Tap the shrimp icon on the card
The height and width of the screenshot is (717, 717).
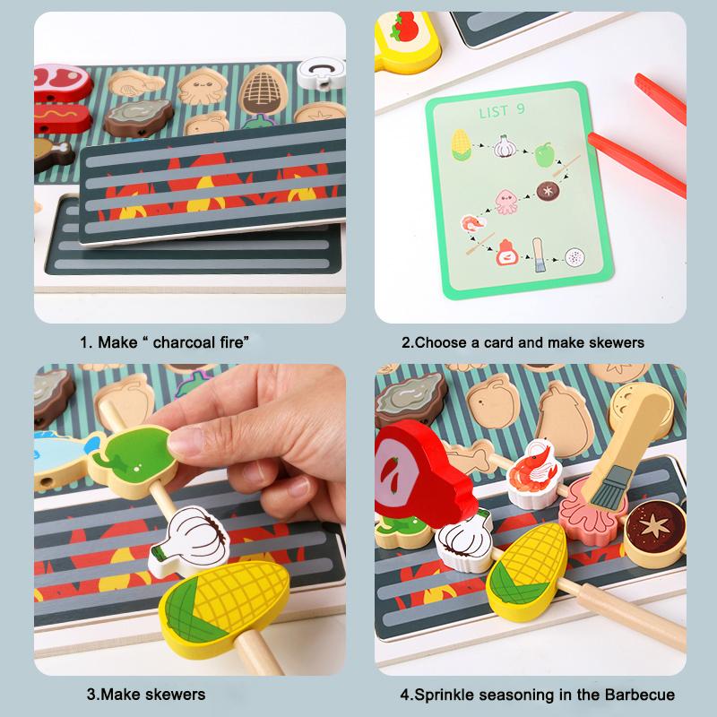click(470, 222)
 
